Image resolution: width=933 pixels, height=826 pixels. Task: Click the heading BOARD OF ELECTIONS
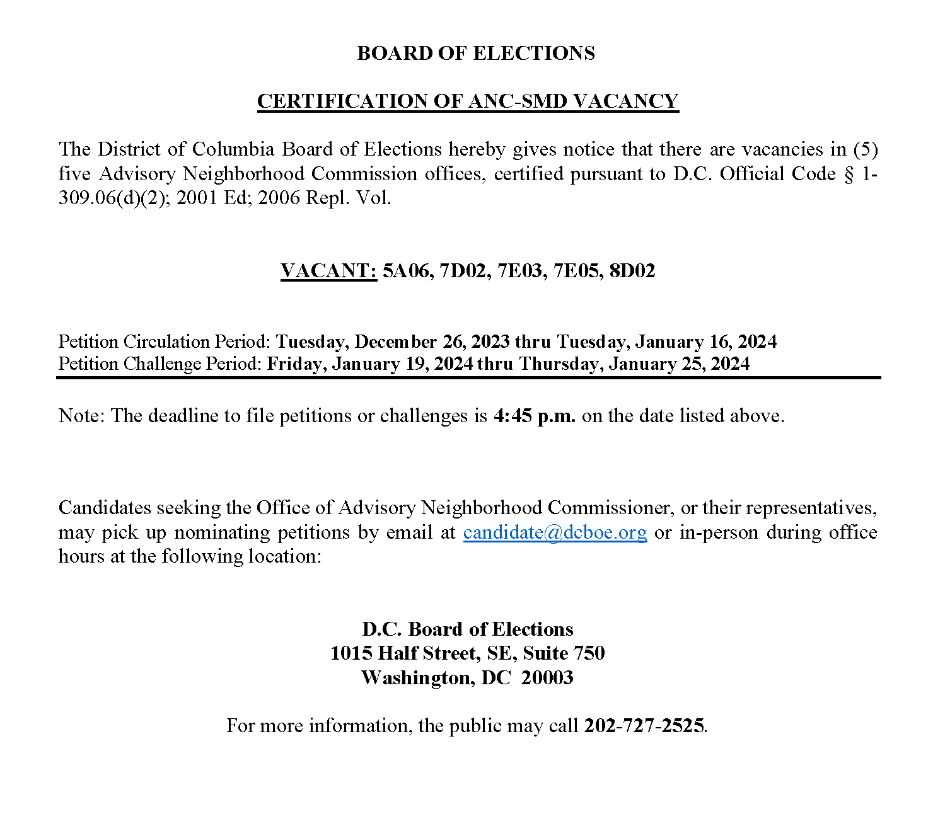point(475,53)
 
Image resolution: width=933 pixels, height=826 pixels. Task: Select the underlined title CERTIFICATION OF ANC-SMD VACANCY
point(467,101)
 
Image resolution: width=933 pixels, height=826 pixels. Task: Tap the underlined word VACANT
point(328,270)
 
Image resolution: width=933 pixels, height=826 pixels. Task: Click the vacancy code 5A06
point(405,270)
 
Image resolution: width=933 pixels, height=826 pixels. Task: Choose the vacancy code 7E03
point(519,270)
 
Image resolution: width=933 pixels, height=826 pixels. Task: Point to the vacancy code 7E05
point(576,270)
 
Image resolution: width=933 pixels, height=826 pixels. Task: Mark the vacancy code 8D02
point(632,270)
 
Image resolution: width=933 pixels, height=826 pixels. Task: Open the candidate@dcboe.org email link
point(555,532)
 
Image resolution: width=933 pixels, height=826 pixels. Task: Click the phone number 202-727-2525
point(644,726)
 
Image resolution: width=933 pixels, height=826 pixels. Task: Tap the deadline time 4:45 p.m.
point(534,416)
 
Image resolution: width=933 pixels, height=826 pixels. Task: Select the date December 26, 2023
point(432,341)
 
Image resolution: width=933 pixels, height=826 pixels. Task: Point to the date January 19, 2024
point(403,364)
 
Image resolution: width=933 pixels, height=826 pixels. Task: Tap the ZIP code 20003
point(547,678)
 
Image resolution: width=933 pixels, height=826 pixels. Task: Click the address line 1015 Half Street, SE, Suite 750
point(467,653)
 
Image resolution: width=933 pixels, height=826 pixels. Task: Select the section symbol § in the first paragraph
point(849,175)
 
